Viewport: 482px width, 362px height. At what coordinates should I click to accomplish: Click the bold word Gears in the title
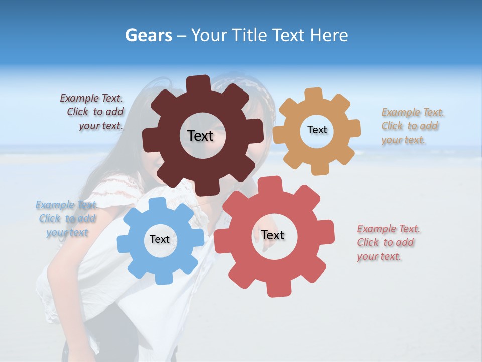click(148, 35)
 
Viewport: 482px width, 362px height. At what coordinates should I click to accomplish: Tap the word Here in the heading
click(329, 35)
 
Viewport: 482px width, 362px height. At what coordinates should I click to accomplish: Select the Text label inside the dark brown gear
click(200, 136)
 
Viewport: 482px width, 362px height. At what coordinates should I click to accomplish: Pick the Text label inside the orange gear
click(317, 130)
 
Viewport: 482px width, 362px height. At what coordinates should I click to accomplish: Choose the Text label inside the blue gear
click(160, 239)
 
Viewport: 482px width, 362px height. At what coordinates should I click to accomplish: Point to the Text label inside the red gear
click(273, 235)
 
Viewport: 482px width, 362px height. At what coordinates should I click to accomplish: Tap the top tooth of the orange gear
click(313, 94)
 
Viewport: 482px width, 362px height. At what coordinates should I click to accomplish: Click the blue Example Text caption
click(67, 219)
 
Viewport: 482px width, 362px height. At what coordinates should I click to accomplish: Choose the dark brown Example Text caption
click(93, 112)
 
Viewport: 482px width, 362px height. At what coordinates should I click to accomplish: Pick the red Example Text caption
click(387, 242)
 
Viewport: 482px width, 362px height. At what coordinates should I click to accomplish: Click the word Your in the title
click(209, 35)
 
